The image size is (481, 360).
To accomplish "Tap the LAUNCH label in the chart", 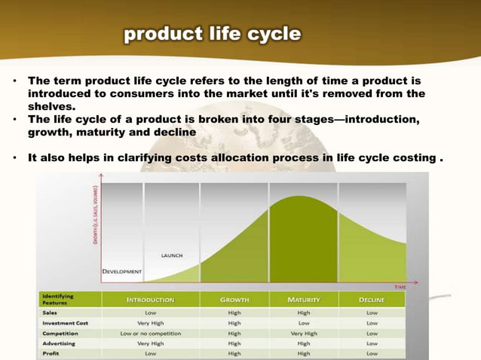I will click(171, 255).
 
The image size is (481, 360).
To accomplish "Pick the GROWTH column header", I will click(234, 299).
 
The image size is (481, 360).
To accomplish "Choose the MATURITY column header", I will click(304, 299).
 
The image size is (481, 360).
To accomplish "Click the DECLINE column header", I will click(372, 299).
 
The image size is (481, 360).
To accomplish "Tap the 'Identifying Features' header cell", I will click(59, 299).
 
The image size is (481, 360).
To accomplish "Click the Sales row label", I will click(51, 311).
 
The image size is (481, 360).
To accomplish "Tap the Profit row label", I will click(50, 352).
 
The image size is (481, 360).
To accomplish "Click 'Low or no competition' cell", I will click(150, 332).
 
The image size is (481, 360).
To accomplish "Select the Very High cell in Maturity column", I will click(304, 332).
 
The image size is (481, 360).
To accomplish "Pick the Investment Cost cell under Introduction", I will click(150, 322).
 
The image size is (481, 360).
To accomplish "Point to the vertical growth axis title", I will click(92, 211).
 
